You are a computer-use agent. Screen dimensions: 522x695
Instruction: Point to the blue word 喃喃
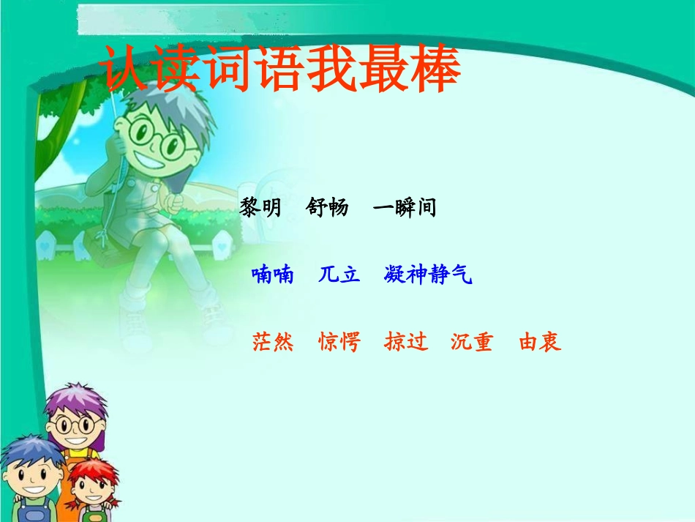[272, 275]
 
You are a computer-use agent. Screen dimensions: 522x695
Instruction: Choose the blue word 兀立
[339, 275]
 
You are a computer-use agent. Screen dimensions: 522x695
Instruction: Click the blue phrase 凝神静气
[428, 275]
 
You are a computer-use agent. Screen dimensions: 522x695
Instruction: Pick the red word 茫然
[273, 342]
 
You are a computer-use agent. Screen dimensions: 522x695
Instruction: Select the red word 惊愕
[339, 342]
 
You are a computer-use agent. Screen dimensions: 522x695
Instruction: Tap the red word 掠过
[406, 342]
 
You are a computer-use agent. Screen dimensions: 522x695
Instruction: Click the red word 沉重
[472, 342]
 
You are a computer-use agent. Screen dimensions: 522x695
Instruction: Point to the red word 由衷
[540, 342]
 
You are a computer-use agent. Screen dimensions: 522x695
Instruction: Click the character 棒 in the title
[434, 71]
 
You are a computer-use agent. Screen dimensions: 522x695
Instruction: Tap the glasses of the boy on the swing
[157, 140]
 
